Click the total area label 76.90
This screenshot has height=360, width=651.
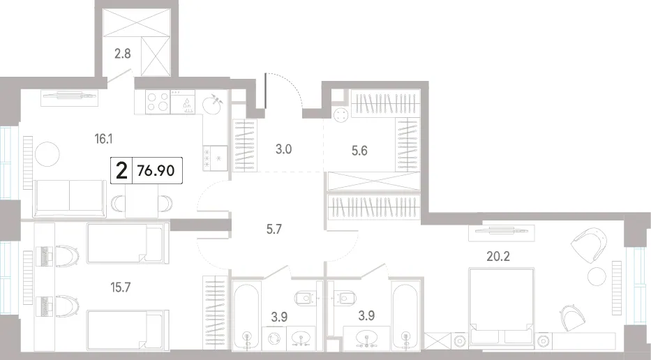click(156, 171)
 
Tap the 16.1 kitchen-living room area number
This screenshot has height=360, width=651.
click(104, 138)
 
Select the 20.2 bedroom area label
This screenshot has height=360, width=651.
click(498, 256)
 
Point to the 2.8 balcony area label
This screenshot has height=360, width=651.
click(123, 54)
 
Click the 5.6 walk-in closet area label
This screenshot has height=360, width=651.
click(359, 150)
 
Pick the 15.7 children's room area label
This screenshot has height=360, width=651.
click(120, 287)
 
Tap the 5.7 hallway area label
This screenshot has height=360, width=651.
click(274, 228)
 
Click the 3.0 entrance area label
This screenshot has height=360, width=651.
click(283, 149)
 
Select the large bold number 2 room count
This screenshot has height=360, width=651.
click(121, 171)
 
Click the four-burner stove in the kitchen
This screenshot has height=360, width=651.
click(158, 102)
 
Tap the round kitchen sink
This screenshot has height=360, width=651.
click(213, 104)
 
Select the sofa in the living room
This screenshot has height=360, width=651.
click(69, 198)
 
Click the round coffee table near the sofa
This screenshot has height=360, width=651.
click(47, 154)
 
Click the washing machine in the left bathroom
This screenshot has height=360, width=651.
click(274, 338)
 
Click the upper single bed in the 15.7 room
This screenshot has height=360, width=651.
click(128, 243)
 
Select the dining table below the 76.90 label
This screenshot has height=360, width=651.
click(142, 202)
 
